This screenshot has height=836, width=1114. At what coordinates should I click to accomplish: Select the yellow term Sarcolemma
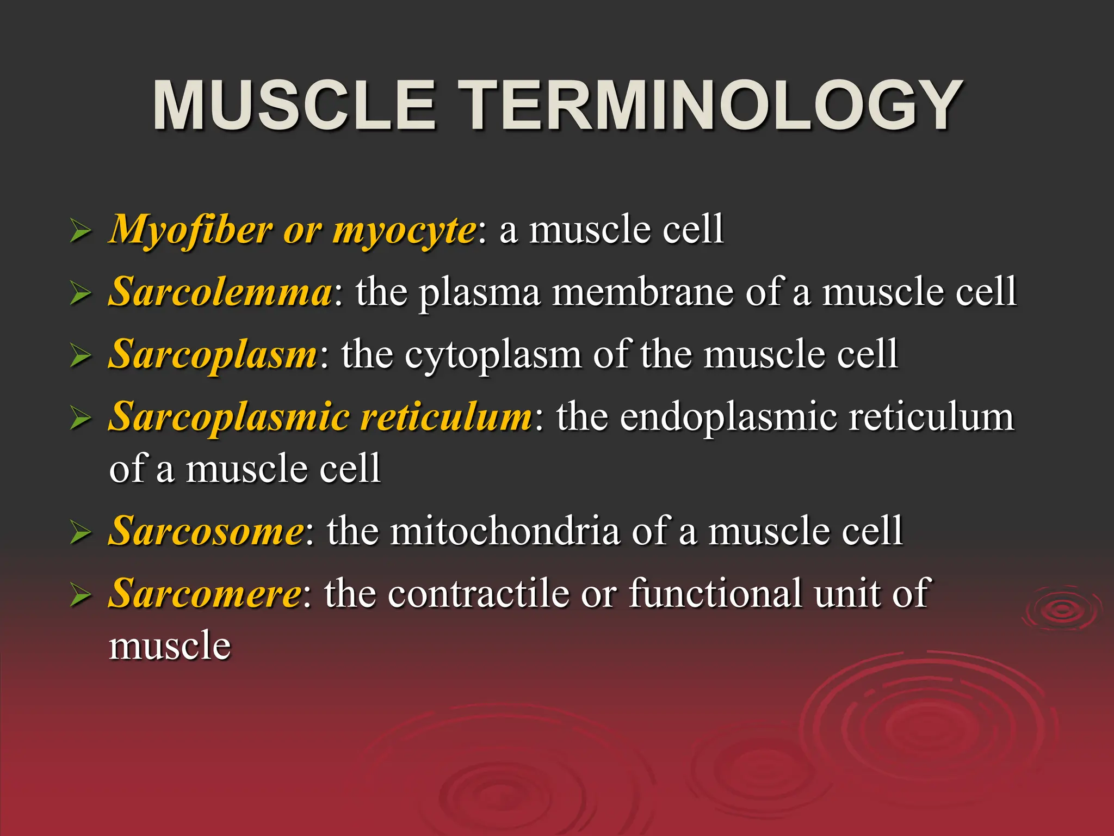coord(220,292)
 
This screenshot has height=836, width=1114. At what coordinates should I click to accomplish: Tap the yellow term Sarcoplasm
coord(213,355)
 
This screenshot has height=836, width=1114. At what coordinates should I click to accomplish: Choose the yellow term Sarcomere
coord(205,593)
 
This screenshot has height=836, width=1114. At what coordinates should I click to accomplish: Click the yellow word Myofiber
coord(190,230)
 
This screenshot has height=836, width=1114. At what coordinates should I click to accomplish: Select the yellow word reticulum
coord(446,417)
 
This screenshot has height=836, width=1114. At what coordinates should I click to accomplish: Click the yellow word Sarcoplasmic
coord(229,418)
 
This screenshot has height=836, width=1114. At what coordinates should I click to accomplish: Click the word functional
coord(715,593)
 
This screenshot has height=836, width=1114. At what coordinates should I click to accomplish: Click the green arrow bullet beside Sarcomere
coord(81,596)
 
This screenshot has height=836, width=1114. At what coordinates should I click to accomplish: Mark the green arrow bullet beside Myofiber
coord(81,232)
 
